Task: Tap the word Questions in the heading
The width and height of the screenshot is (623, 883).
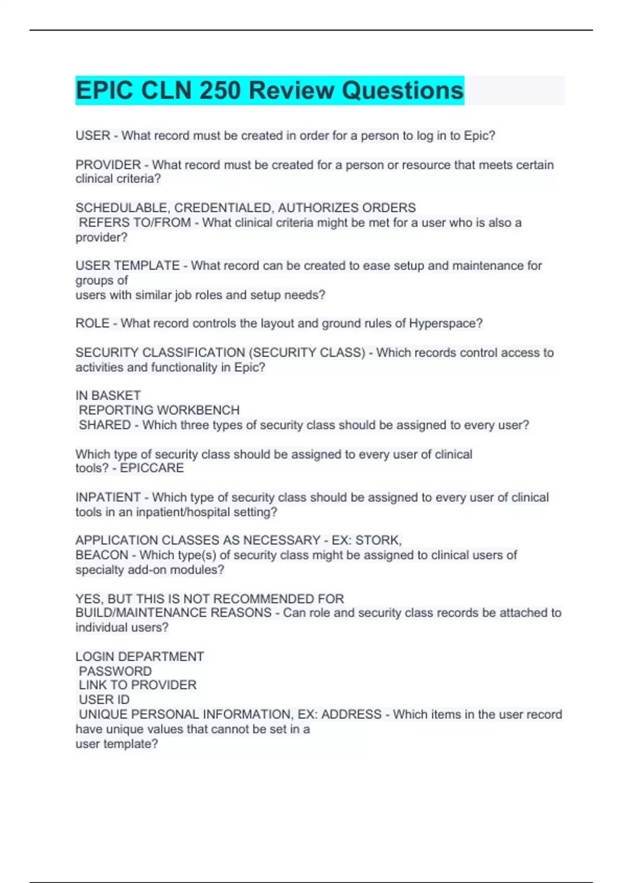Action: pos(402,90)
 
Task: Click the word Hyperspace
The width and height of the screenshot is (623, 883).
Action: pos(442,323)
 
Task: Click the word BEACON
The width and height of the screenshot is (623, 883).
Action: pos(102,555)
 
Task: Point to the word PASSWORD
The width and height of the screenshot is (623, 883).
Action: pos(115,671)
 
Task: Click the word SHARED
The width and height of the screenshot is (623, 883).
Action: pos(105,425)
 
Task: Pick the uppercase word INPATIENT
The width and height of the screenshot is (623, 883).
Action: pos(108,497)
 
